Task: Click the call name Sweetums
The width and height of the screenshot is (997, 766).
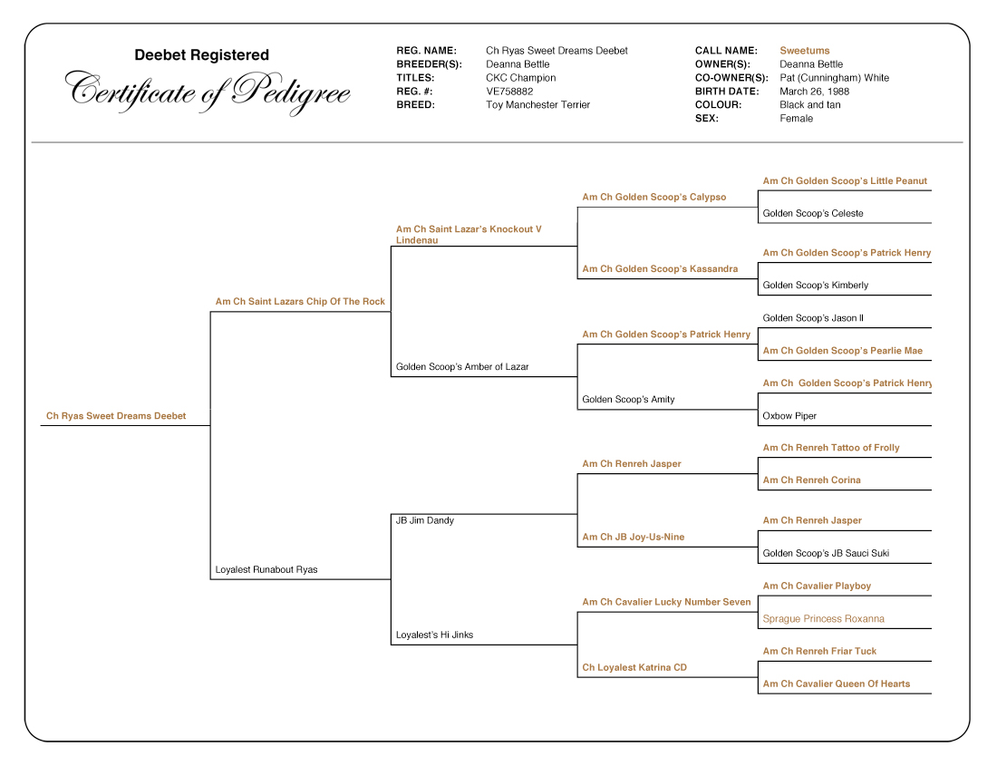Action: [804, 51]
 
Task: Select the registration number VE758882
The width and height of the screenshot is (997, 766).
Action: [509, 92]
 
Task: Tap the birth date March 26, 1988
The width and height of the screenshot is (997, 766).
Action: [814, 92]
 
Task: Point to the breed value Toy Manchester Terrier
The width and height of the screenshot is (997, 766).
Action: [537, 105]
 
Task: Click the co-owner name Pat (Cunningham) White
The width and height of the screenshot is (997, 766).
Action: [834, 78]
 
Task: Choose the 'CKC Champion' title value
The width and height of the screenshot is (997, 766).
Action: [520, 78]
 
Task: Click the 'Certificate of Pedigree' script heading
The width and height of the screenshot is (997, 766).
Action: [208, 92]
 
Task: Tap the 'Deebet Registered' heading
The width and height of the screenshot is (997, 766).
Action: [201, 55]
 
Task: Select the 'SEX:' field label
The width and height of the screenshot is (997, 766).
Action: [706, 119]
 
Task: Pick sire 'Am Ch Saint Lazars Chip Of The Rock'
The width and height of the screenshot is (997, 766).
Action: [300, 302]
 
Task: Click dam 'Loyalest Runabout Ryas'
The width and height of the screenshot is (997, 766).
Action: [266, 570]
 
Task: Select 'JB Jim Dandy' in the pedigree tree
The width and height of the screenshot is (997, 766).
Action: [424, 521]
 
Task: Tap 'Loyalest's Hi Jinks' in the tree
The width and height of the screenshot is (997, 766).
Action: [434, 635]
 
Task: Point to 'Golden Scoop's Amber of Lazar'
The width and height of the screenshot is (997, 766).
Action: [462, 367]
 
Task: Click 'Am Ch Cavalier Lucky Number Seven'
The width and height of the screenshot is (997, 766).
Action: [666, 603]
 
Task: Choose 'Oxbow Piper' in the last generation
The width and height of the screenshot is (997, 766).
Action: [789, 416]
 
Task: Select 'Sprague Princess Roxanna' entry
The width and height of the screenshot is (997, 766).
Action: [823, 619]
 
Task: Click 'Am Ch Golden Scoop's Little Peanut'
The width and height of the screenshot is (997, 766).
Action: [845, 181]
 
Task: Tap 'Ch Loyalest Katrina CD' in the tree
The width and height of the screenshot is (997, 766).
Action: [634, 668]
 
